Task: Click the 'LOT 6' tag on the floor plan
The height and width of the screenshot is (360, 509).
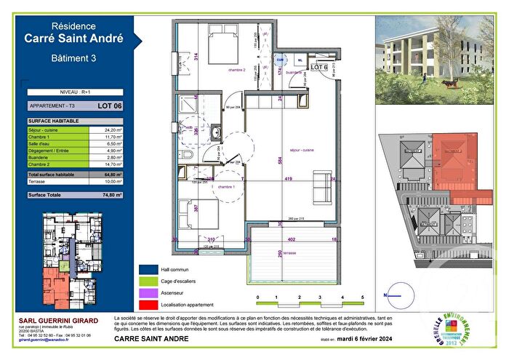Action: [x=320, y=67]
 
